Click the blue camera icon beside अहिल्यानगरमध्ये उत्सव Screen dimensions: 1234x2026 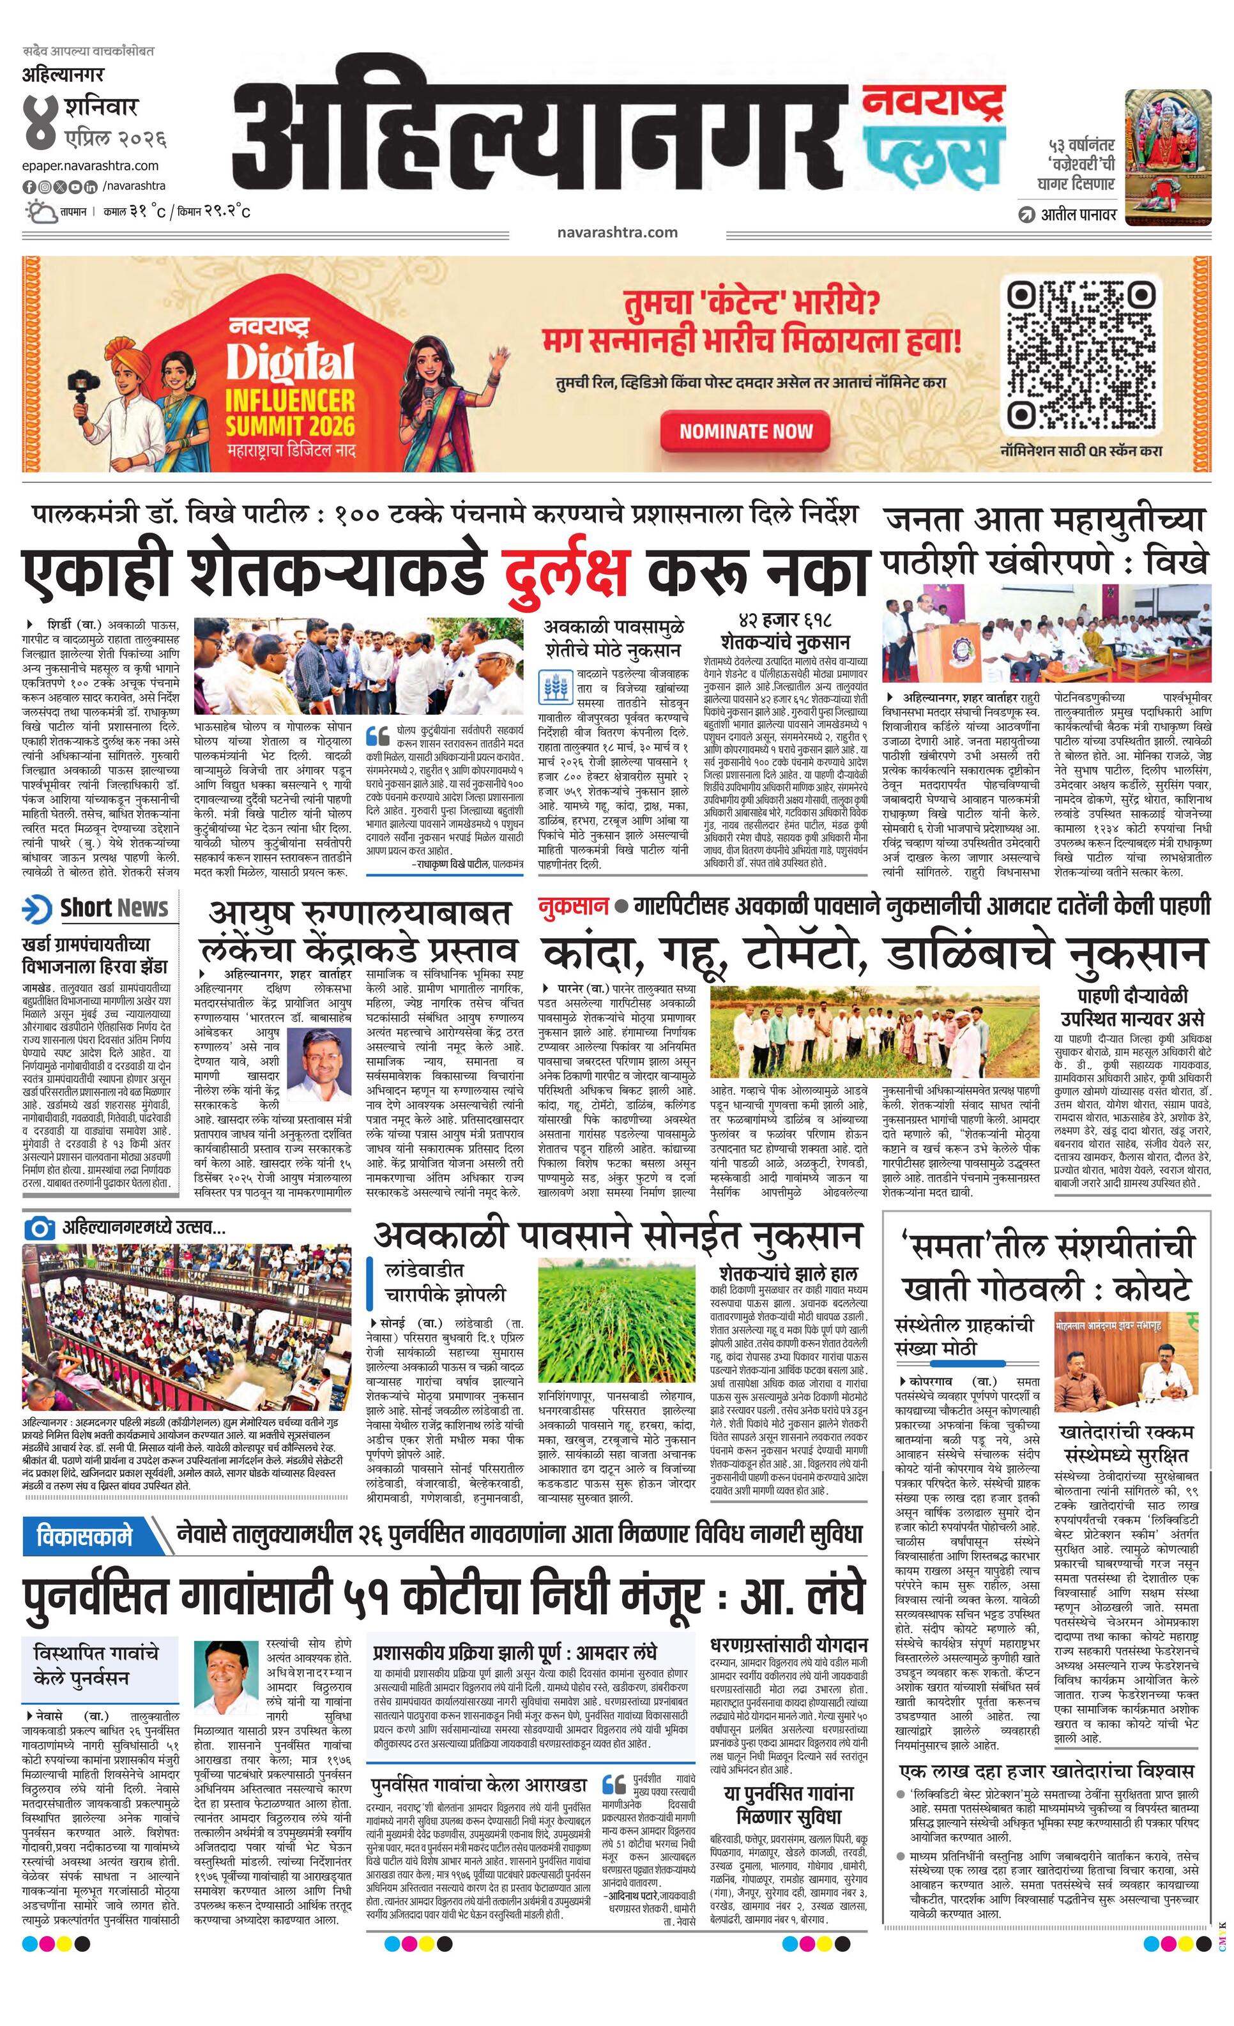[x=38, y=1228]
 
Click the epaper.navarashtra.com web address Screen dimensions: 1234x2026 [x=91, y=165]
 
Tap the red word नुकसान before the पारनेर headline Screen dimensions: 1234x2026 [x=573, y=907]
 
